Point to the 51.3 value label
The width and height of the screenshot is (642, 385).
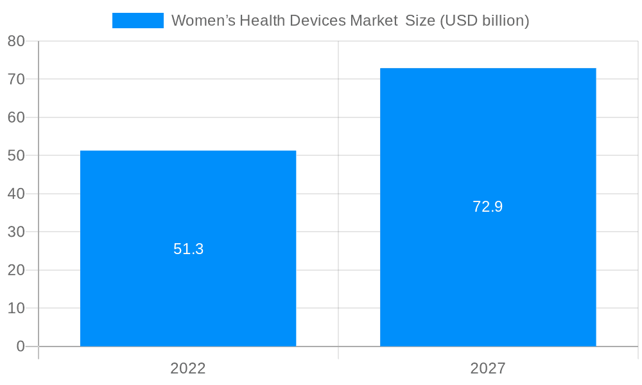(x=188, y=249)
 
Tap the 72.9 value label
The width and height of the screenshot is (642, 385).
(x=488, y=207)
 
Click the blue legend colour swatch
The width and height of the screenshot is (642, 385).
(x=138, y=21)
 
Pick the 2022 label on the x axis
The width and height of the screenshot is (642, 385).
(x=188, y=368)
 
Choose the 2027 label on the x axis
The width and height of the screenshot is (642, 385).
(x=488, y=368)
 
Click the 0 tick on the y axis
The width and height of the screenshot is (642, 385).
(x=20, y=346)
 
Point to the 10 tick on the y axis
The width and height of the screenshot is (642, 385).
(x=16, y=309)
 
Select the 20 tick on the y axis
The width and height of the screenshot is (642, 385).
(x=16, y=270)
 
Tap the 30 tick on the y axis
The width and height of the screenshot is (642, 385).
(x=16, y=232)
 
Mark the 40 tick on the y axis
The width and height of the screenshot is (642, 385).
(x=16, y=194)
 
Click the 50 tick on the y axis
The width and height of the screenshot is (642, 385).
(x=16, y=156)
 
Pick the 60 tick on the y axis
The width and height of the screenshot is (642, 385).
(x=16, y=117)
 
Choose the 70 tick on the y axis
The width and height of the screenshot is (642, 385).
(x=16, y=80)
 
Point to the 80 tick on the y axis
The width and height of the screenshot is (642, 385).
(x=16, y=41)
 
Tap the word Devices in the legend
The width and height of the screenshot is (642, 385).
(x=320, y=21)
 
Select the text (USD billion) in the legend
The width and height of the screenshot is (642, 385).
(x=484, y=21)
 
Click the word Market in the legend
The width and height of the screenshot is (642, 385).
(x=374, y=21)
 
